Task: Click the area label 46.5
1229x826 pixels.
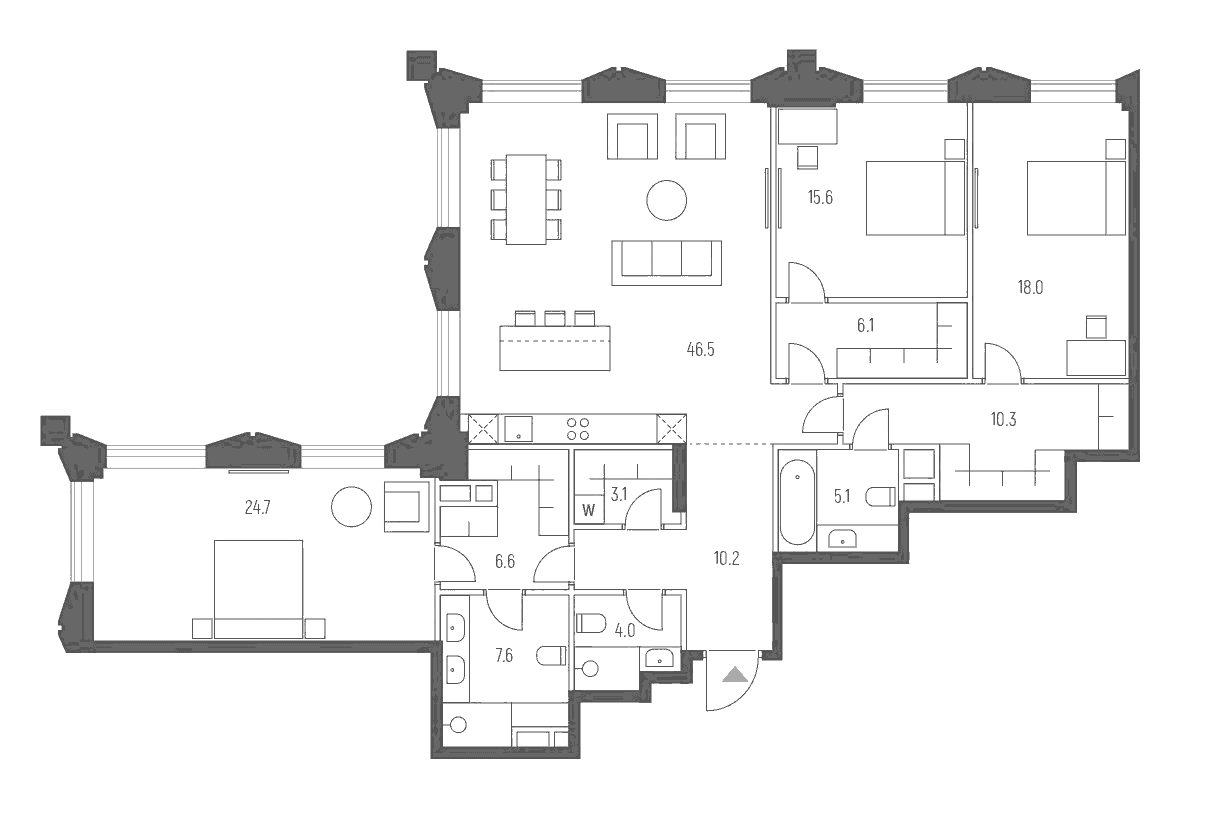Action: pyautogui.click(x=700, y=350)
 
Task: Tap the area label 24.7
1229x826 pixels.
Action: pyautogui.click(x=258, y=508)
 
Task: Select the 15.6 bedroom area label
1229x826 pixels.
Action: pyautogui.click(x=820, y=197)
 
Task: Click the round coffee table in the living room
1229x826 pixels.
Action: pyautogui.click(x=666, y=200)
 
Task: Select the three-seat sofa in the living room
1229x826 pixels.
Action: pyautogui.click(x=667, y=260)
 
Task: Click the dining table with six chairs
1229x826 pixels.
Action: pyautogui.click(x=526, y=199)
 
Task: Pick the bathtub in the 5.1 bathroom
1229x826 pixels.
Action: pyautogui.click(x=797, y=500)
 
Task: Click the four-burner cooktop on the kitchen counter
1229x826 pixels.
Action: pyautogui.click(x=578, y=429)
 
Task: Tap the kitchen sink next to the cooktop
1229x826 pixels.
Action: pyautogui.click(x=519, y=429)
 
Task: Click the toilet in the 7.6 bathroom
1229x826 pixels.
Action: pyautogui.click(x=551, y=656)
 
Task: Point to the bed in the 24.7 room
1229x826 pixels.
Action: pyautogui.click(x=259, y=588)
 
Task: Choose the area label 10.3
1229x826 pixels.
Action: pyautogui.click(x=1003, y=419)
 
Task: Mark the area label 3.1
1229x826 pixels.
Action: pyautogui.click(x=618, y=492)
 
